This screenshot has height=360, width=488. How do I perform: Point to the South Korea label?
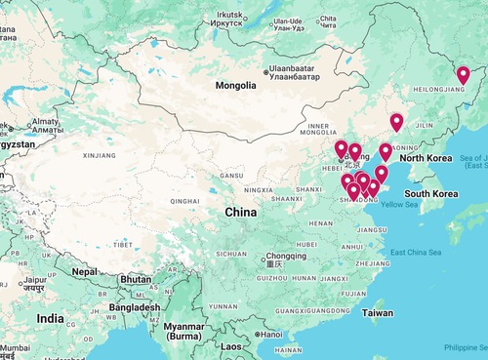pyautogui.click(x=431, y=193)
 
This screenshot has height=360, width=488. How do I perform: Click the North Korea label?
pyautogui.click(x=426, y=157)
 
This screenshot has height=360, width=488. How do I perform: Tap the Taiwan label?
pyautogui.click(x=378, y=313)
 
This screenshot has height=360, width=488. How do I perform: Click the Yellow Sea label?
pyautogui.click(x=398, y=205)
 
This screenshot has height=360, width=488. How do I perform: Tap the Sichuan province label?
pyautogui.click(x=232, y=253)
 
